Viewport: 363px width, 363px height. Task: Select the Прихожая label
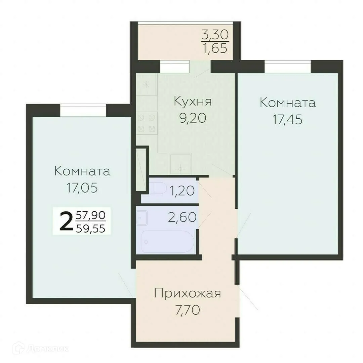(x=188, y=293)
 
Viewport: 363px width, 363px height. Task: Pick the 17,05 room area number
(x=82, y=188)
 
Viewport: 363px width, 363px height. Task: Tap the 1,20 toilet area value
(x=182, y=191)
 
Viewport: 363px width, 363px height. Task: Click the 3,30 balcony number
(x=215, y=34)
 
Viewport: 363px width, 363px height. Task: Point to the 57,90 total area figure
(x=91, y=214)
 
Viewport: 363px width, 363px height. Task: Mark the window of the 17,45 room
(x=287, y=66)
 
